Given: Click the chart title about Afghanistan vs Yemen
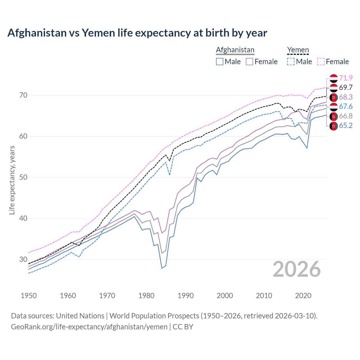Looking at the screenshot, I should coord(137,33).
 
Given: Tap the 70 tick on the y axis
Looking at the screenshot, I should coord(23,95).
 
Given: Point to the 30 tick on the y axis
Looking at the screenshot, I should coord(23,259).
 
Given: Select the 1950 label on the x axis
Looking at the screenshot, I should coord(29,296).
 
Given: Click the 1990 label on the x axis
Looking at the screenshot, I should coord(186,296).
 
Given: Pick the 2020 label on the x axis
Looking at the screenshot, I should coord(303,296).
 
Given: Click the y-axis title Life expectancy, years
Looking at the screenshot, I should coord(12,180).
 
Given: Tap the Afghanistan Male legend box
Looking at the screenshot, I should coord(220,62).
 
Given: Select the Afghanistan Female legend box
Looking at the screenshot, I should coord(249,62).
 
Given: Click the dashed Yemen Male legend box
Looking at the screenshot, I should coord(291,62).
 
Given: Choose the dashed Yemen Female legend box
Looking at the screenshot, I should coord(321,62).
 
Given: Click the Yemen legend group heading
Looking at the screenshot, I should coord(298,50).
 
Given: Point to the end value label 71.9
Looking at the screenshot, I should coord(346,78).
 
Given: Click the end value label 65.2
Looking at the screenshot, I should coord(346,125).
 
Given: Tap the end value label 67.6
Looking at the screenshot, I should coord(346,106).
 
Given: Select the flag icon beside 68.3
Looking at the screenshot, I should coord(334,97).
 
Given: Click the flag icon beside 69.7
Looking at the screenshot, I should coord(334,88).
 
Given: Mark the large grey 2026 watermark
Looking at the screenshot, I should coord(297,269).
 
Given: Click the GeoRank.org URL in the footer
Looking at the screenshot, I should coord(89,327).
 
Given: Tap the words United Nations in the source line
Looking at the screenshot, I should coord(80,316).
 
